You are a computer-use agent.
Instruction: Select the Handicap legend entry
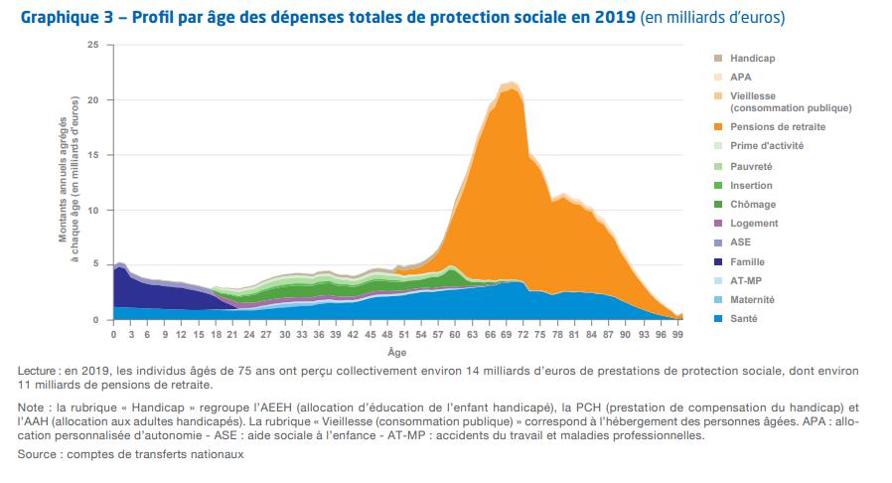click(751, 59)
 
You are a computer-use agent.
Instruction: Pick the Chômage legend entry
click(752, 204)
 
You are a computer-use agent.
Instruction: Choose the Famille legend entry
click(750, 261)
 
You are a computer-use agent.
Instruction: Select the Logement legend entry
click(754, 224)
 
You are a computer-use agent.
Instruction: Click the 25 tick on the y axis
click(93, 45)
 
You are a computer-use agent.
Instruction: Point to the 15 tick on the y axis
click(93, 155)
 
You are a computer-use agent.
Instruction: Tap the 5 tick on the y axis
click(96, 264)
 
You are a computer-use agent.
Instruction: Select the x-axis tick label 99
click(678, 335)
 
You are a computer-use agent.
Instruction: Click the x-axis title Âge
click(396, 352)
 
